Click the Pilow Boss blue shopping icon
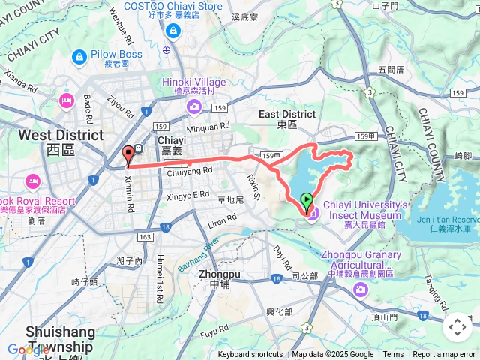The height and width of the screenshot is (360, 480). pos(79,55)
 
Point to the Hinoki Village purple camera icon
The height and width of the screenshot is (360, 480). pos(193,107)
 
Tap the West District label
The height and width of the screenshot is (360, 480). pos(60,136)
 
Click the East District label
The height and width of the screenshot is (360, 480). pos(287,114)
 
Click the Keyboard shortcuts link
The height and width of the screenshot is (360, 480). pos(250,355)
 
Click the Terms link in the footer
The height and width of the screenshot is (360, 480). pos(393,355)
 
